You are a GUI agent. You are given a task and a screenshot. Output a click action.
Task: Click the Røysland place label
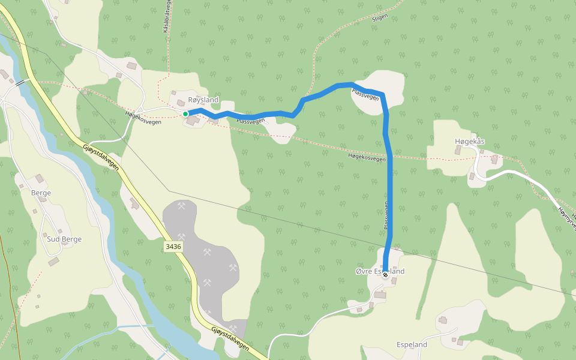point(203,100)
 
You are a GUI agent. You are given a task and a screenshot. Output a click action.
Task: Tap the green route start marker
point(185,113)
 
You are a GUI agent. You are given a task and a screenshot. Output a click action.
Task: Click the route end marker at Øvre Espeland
point(385,275)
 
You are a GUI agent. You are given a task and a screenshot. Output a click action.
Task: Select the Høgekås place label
point(470,142)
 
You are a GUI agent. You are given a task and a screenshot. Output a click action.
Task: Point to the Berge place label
point(41,193)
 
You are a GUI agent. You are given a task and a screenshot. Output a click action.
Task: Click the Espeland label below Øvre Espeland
point(412,345)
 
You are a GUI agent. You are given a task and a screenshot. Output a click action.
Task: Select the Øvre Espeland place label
point(380,271)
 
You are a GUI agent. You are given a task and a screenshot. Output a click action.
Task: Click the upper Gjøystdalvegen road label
point(100,157)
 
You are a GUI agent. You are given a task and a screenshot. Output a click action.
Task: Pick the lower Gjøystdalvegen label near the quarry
point(230,338)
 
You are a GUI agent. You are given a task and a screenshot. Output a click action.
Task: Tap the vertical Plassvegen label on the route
point(386,216)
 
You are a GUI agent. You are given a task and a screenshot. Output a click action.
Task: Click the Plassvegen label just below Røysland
point(250,121)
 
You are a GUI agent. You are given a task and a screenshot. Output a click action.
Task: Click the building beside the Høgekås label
point(459,150)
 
